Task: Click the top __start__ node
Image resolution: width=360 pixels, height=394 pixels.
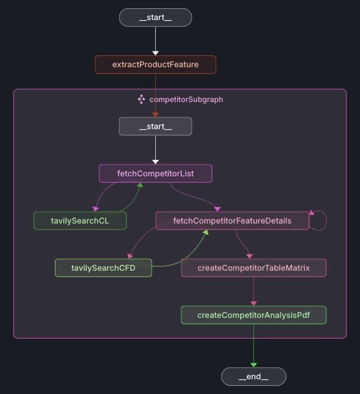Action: pyautogui.click(x=155, y=18)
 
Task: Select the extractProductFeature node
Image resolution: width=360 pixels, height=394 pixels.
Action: pyautogui.click(x=155, y=64)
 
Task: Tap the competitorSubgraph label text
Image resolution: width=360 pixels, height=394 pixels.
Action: pyautogui.click(x=186, y=100)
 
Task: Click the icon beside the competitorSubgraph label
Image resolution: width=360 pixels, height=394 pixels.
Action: pyautogui.click(x=141, y=99)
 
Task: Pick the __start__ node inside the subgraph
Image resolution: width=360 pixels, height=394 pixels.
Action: pyautogui.click(x=155, y=126)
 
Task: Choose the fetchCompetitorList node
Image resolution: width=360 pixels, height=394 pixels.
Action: pyautogui.click(x=155, y=173)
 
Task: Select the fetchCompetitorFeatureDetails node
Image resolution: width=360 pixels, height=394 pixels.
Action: pyautogui.click(x=232, y=221)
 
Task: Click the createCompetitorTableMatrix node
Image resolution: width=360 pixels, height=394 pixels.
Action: pyautogui.click(x=253, y=268)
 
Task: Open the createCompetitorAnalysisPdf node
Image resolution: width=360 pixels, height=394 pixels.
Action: pyautogui.click(x=253, y=315)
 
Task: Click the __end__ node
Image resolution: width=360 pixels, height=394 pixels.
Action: pyautogui.click(x=253, y=376)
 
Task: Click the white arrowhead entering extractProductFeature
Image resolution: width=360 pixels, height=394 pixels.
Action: pyautogui.click(x=155, y=53)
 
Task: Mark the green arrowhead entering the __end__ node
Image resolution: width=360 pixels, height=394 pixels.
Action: pyautogui.click(x=253, y=365)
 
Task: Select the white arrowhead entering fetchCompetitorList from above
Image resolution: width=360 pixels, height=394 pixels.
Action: pyautogui.click(x=155, y=161)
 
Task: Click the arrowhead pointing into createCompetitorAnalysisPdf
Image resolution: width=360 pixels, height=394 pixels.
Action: pyautogui.click(x=253, y=303)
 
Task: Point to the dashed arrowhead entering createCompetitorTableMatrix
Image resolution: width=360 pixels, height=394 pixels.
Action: pyautogui.click(x=249, y=256)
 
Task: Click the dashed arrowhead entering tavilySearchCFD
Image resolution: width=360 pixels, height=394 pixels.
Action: pyautogui.click(x=129, y=256)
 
